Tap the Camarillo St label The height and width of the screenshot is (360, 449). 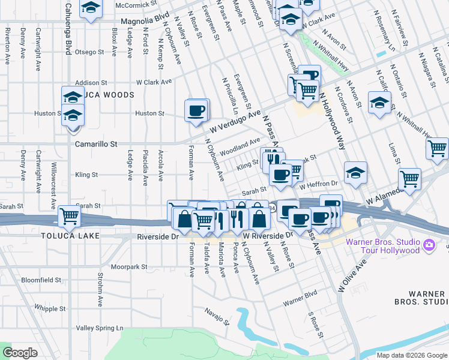tap(96, 144)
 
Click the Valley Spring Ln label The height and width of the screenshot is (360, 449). tap(100, 328)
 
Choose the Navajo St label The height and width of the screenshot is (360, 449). tap(217, 315)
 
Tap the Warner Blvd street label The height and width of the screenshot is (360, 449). tap(300, 296)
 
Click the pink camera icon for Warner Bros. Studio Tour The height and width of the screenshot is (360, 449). tap(429, 245)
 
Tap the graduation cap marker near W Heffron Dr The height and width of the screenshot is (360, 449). tap(355, 172)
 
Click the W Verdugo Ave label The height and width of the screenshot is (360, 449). tap(235, 121)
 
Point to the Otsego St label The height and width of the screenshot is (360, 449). tap(90, 52)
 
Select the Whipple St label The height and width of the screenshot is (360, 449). tap(50, 308)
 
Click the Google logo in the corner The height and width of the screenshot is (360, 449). tap(20, 353)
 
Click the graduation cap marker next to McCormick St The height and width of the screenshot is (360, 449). tap(91, 8)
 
